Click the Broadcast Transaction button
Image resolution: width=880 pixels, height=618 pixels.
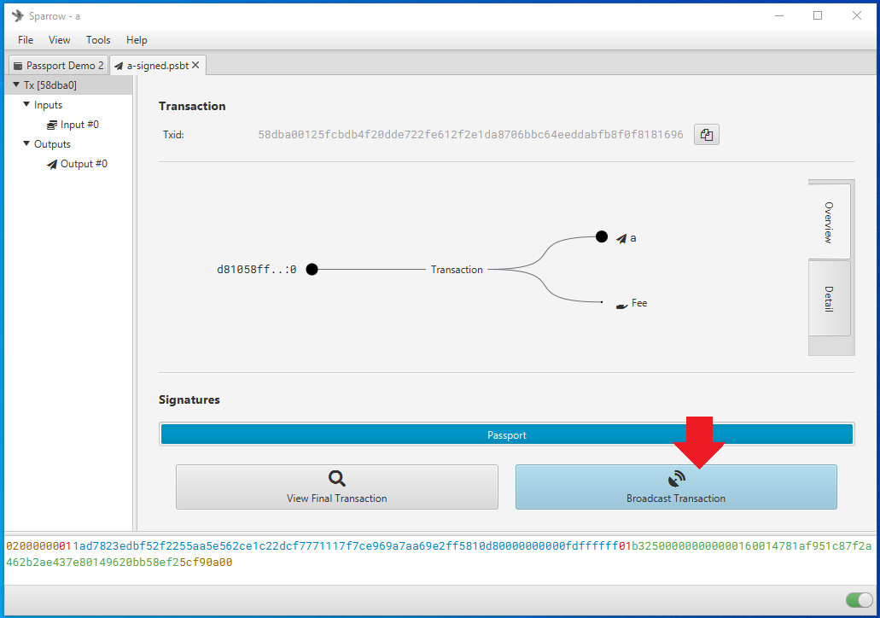click(676, 487)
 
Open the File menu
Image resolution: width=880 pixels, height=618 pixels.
click(26, 40)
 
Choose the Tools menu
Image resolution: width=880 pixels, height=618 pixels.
click(98, 40)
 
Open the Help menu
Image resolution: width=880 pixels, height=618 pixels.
click(137, 40)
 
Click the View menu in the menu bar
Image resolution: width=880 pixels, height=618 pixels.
click(59, 40)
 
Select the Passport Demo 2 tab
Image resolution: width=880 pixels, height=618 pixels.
click(58, 65)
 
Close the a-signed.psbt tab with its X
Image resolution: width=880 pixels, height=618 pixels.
click(195, 65)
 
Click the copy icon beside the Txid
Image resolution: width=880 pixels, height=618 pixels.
click(707, 135)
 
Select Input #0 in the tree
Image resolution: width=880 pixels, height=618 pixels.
click(79, 125)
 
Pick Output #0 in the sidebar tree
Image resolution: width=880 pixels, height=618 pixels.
click(84, 164)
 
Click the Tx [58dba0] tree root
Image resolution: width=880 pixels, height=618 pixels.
click(50, 85)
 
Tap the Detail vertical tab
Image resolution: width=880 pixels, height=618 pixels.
click(829, 299)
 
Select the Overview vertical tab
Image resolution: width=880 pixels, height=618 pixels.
click(829, 222)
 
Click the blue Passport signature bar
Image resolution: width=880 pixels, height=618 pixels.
click(507, 434)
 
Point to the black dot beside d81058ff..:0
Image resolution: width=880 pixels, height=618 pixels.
click(312, 270)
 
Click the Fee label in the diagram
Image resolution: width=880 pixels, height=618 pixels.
click(639, 303)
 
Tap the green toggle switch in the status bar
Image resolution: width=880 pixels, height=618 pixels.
click(859, 600)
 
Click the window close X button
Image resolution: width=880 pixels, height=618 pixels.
click(856, 15)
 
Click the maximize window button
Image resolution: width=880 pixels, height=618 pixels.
click(818, 15)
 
